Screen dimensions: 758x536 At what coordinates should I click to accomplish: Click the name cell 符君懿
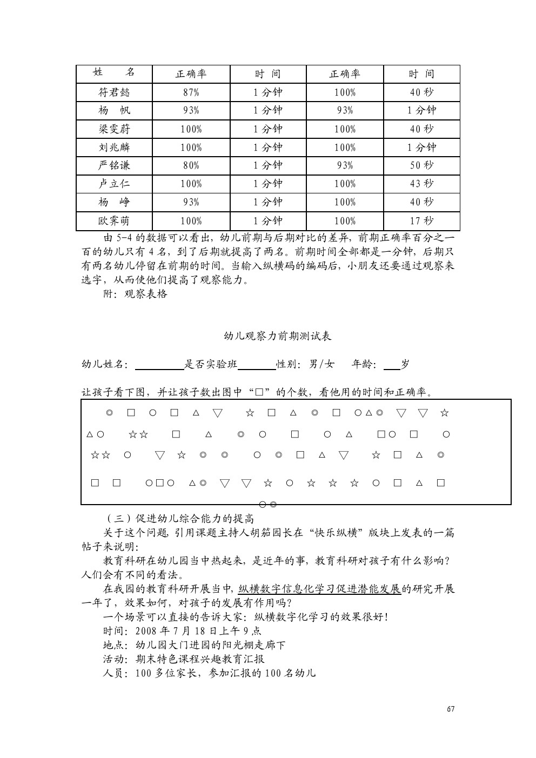(x=114, y=92)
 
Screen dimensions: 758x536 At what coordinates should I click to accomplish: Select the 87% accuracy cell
(x=191, y=92)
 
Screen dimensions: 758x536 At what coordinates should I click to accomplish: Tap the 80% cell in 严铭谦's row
(x=191, y=165)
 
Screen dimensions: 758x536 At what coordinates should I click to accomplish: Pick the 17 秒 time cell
(x=421, y=221)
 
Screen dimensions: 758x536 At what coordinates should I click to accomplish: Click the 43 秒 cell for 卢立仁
(x=421, y=184)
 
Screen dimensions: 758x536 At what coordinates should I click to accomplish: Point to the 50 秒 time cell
(x=421, y=165)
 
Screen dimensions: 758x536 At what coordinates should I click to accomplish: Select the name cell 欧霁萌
(x=114, y=221)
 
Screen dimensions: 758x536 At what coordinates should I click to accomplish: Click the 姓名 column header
(x=114, y=73)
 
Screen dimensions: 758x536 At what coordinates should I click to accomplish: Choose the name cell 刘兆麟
(x=114, y=147)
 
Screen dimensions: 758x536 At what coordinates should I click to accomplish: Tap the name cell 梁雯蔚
(x=114, y=129)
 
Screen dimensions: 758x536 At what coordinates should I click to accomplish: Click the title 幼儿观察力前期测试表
(x=278, y=336)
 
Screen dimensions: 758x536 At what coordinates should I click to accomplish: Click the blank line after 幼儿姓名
(x=159, y=366)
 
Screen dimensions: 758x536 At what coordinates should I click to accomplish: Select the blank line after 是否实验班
(x=257, y=366)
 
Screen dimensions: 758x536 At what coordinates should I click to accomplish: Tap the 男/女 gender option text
(x=321, y=364)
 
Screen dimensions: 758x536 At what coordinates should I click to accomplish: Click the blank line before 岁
(x=392, y=366)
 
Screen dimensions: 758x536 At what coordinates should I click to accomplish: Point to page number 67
(x=451, y=709)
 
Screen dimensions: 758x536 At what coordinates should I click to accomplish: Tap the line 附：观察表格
(x=135, y=294)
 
